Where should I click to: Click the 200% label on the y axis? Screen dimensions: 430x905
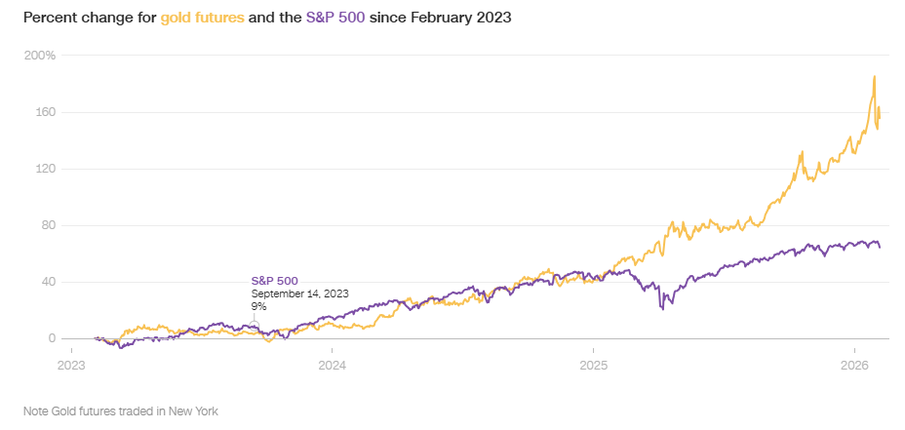click(41, 56)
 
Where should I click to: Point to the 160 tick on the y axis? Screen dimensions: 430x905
click(45, 112)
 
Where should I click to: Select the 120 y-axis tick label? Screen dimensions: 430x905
click(45, 169)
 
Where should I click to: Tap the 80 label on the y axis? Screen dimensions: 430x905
click(48, 225)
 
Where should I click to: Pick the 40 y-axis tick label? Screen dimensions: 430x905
click(48, 282)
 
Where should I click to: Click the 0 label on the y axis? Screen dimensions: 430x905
click(52, 338)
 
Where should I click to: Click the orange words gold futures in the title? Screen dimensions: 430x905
click(203, 18)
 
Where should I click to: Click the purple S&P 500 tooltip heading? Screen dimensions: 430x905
click(275, 281)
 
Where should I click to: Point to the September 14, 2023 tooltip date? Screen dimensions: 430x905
click(299, 293)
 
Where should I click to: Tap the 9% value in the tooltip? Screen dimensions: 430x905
click(258, 306)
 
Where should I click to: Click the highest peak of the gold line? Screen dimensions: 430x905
click(875, 76)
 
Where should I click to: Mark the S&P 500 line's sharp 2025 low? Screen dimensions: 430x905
click(662, 309)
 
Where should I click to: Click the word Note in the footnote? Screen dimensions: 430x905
click(36, 410)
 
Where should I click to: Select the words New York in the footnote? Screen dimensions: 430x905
click(194, 410)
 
